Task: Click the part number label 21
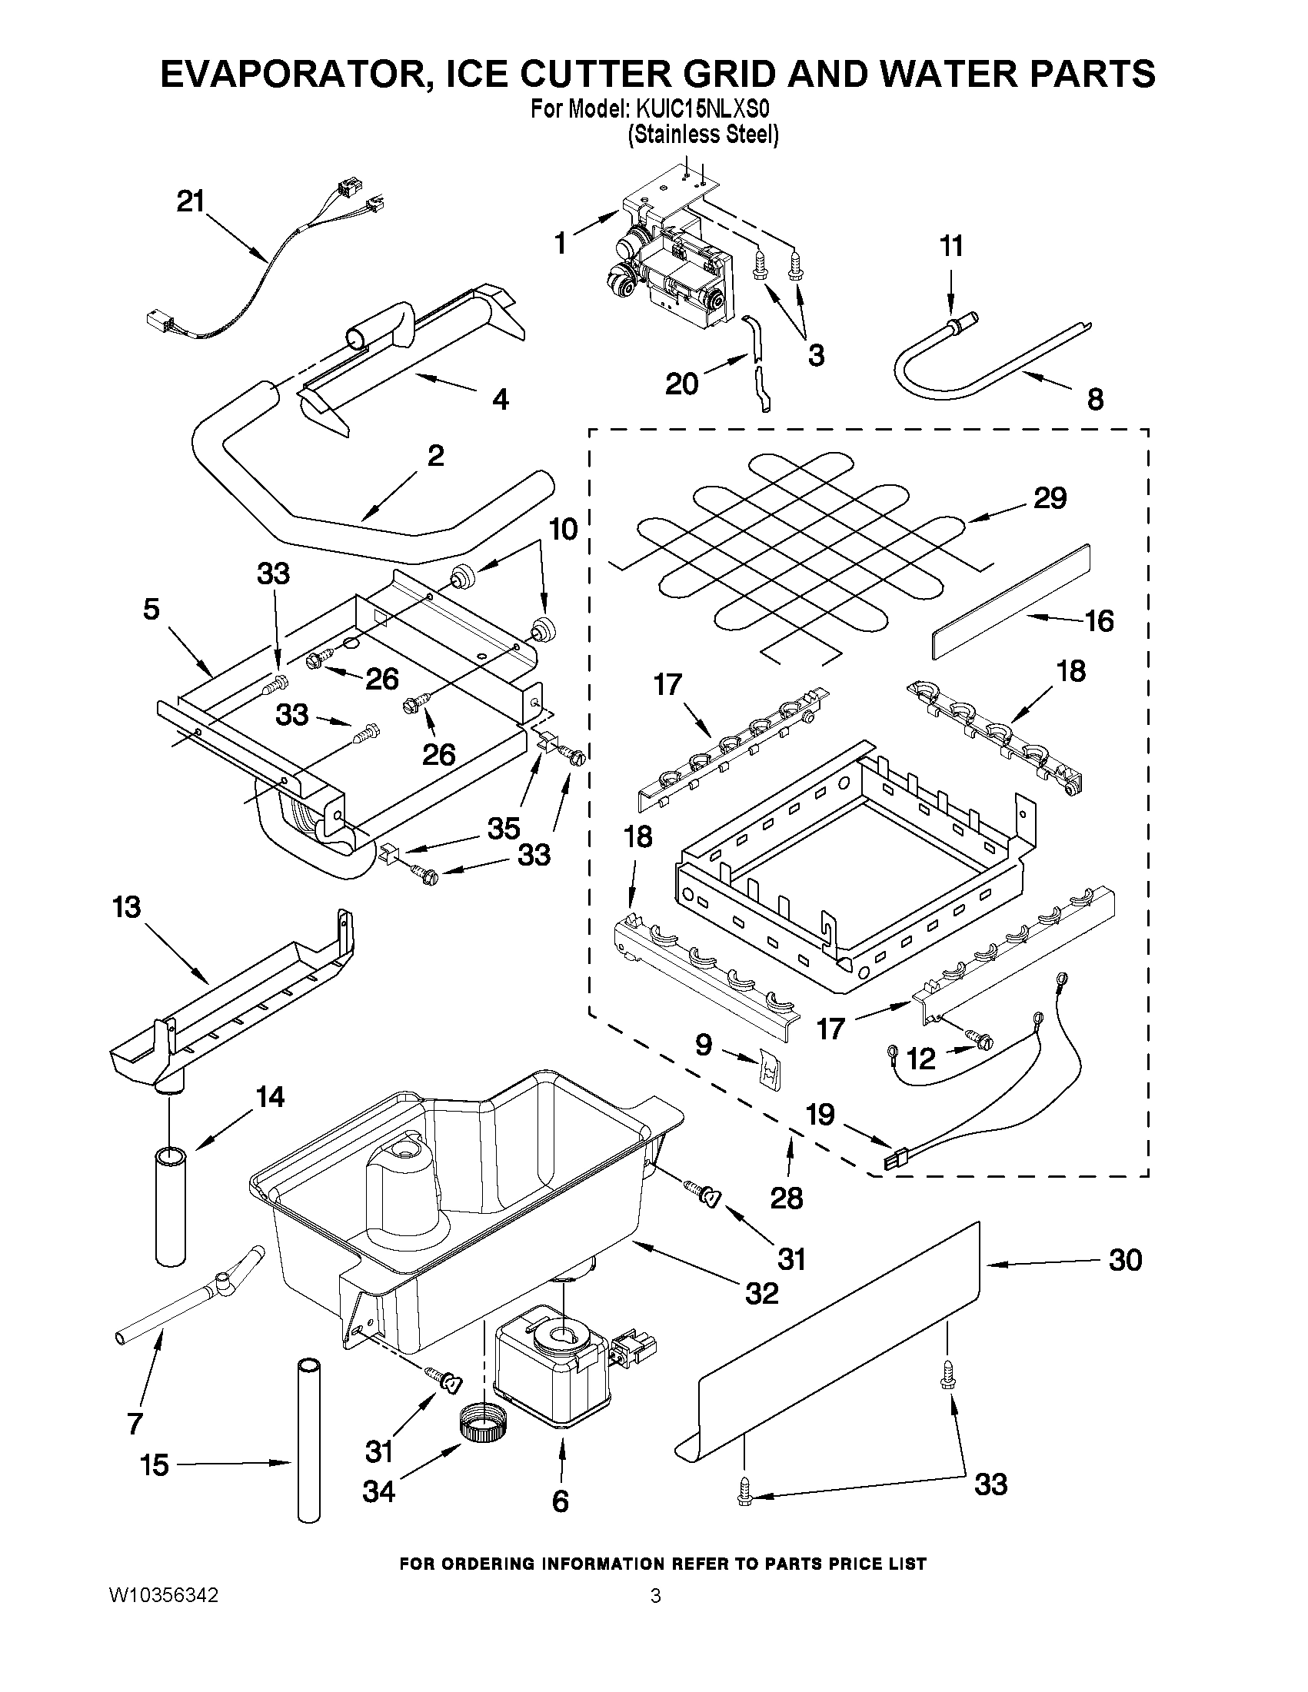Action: [191, 202]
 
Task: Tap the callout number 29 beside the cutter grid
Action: [1050, 497]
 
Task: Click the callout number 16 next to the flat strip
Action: [1099, 620]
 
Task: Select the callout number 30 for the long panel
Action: [1124, 1261]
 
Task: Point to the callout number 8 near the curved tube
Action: [1094, 400]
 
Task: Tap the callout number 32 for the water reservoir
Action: [761, 1292]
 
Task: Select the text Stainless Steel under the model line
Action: [703, 135]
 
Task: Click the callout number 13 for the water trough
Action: [127, 906]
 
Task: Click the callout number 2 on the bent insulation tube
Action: [435, 456]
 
